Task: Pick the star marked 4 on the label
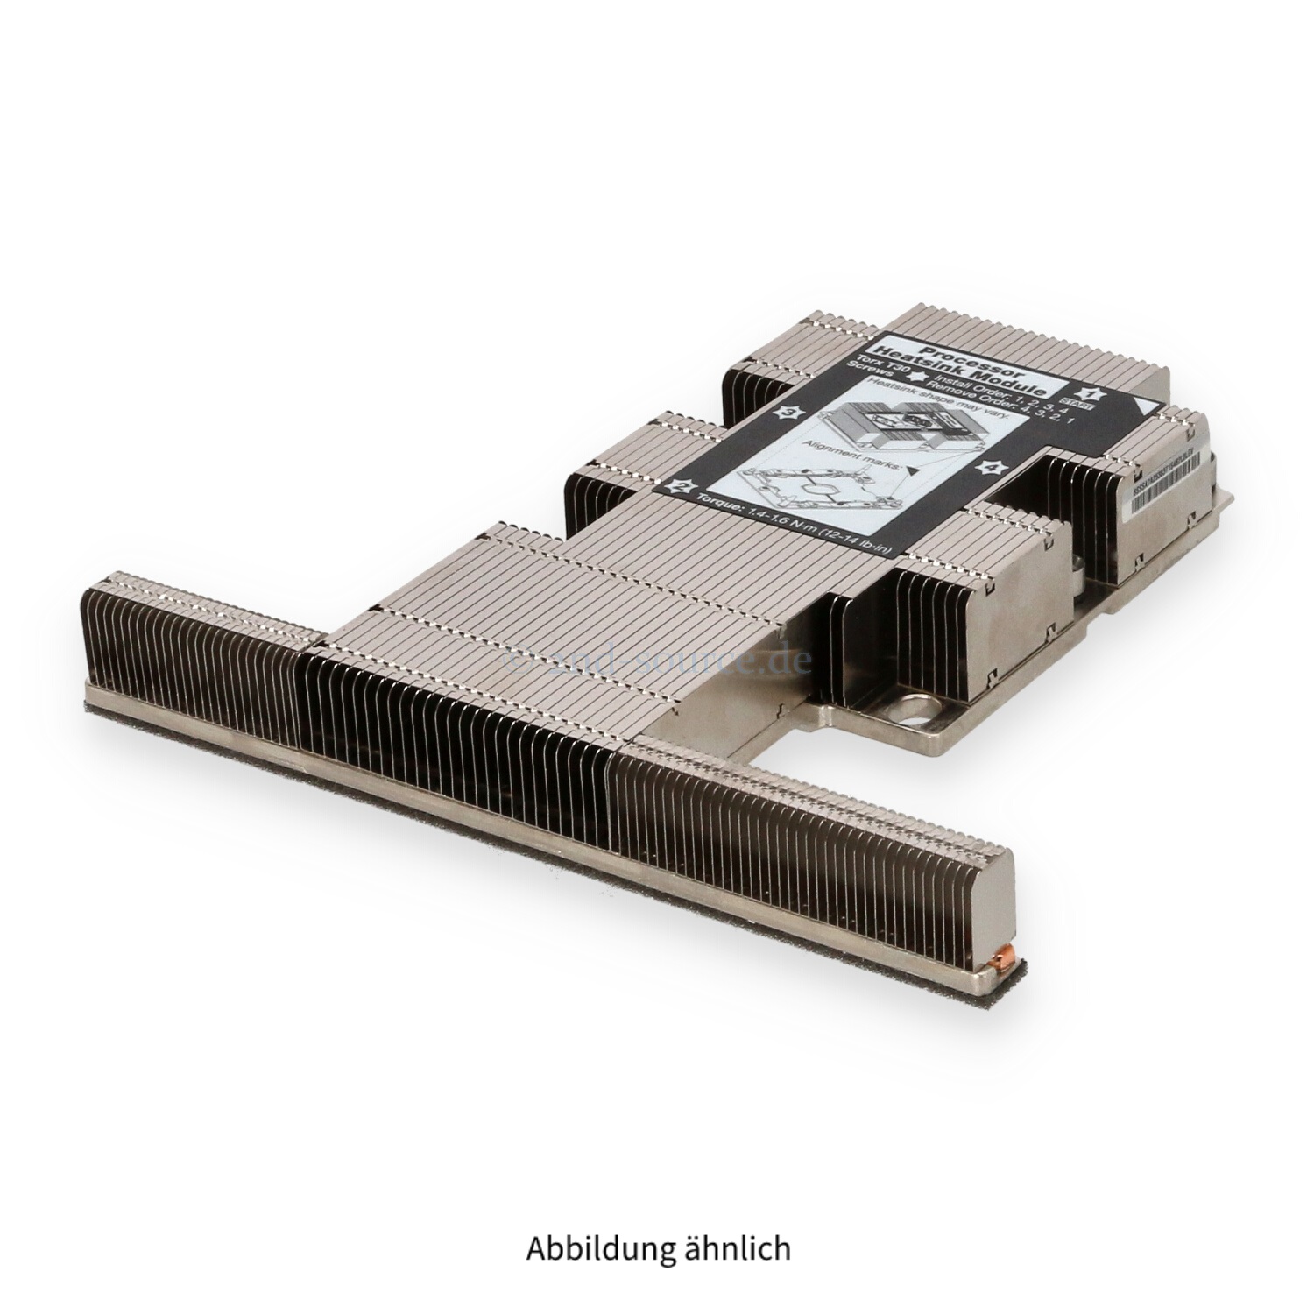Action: pos(993,469)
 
